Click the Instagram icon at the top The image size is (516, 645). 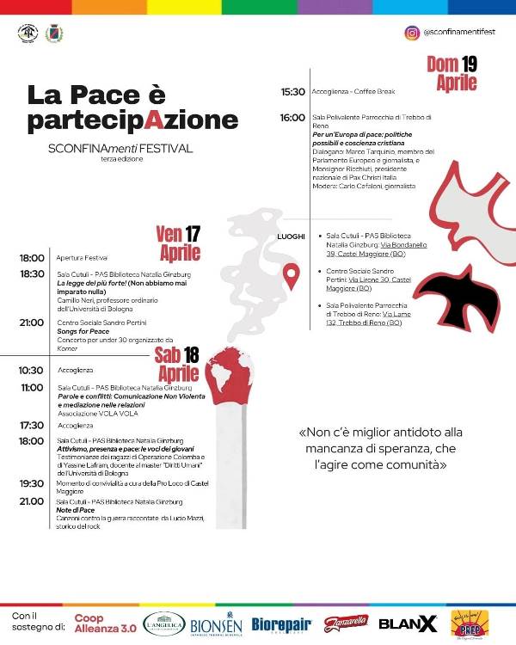pos(411,33)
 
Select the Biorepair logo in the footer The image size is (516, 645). pos(281,623)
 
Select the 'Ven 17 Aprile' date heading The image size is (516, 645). pos(178,243)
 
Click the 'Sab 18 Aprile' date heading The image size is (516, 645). pos(178,365)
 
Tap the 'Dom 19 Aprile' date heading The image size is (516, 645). pos(451,73)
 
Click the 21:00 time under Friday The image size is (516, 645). pos(32,322)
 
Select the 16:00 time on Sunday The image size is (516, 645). pos(292,117)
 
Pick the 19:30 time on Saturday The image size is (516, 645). pos(32,483)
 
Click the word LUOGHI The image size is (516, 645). pos(291,236)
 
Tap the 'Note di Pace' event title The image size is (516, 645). pos(75,509)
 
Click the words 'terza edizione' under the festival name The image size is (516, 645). pos(120,159)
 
